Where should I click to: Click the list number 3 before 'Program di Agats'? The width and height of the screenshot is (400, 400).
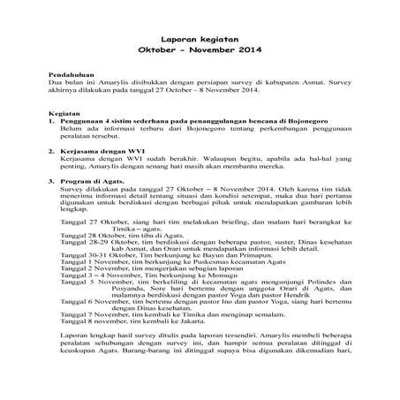tap(52, 181)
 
